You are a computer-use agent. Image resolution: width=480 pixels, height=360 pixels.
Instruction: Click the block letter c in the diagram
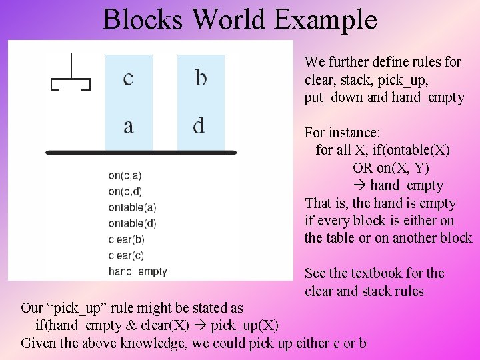128,79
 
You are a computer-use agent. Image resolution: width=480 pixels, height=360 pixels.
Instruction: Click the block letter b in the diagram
201,79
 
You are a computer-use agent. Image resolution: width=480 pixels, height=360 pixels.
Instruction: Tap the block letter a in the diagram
128,125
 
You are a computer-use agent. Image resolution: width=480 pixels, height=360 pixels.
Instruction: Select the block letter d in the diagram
199,125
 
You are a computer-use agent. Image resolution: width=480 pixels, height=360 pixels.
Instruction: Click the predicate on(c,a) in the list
125,175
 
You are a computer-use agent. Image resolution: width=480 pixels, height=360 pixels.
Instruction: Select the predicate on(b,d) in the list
125,191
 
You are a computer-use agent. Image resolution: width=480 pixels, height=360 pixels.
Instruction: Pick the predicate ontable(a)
132,207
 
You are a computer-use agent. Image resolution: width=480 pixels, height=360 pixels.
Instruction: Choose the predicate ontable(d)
132,223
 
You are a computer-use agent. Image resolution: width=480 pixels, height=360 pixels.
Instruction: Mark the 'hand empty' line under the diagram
137,271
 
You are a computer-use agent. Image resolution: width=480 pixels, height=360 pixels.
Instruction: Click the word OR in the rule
363,168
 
